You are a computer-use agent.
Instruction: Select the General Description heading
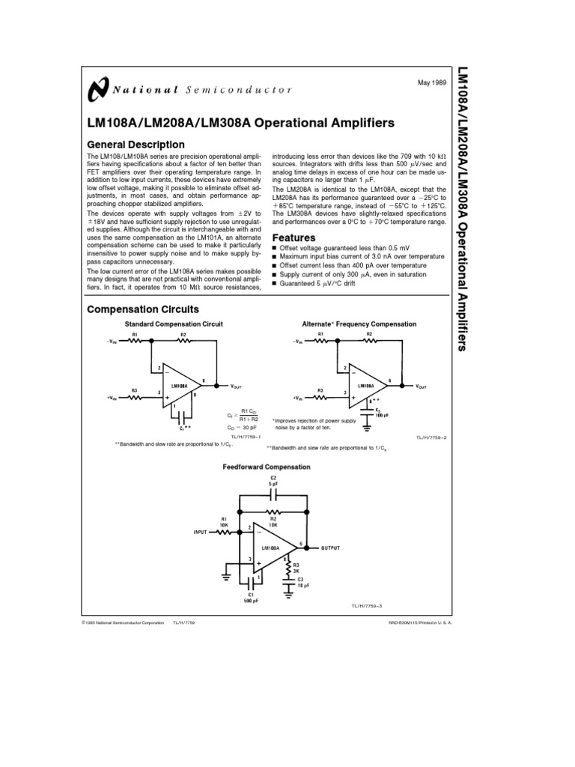tap(136, 145)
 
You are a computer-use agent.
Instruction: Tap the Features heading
tap(293, 238)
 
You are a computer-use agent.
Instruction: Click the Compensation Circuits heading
tap(143, 309)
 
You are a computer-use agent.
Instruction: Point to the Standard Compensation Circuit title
tap(174, 324)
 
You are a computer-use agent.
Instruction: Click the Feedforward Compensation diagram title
tap(267, 467)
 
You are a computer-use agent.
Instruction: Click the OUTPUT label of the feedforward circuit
tap(331, 548)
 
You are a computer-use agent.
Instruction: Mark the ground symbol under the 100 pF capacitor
tap(366, 428)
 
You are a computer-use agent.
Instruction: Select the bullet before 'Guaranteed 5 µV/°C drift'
tap(275, 284)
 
